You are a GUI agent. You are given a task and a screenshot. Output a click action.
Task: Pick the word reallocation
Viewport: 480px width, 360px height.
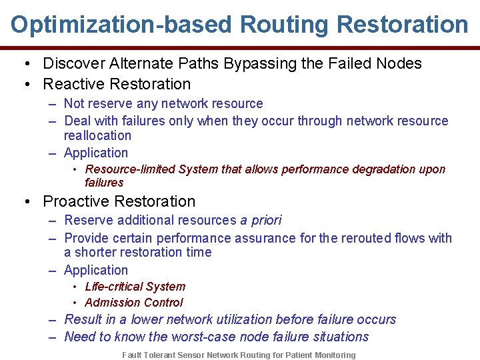pyautogui.click(x=97, y=135)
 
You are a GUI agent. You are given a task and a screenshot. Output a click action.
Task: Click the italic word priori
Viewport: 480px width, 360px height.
pyautogui.click(x=267, y=221)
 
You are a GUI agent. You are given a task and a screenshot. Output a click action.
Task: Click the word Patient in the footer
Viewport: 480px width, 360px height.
pyautogui.click(x=300, y=355)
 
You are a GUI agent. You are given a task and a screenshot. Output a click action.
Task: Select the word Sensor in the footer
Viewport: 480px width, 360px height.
pyautogui.click(x=192, y=355)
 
